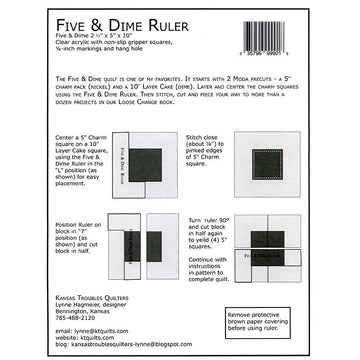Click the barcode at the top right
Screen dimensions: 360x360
tap(300, 38)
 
